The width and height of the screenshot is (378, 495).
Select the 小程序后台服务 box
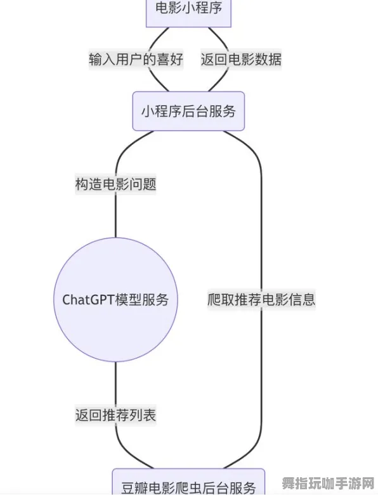[x=188, y=111]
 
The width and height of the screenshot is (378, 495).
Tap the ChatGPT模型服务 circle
[x=115, y=299]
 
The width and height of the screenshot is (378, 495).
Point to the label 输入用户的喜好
[x=136, y=60]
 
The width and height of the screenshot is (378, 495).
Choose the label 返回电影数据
[x=241, y=60]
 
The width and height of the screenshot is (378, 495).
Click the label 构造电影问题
[x=115, y=185]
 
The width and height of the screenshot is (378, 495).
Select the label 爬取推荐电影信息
[x=261, y=299]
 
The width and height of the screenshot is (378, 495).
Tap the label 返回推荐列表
[x=115, y=415]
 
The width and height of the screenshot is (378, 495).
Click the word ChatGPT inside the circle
[x=86, y=299]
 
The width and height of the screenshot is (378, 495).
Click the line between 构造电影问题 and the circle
[x=115, y=216]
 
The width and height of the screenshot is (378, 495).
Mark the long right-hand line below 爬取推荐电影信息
[x=261, y=381]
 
